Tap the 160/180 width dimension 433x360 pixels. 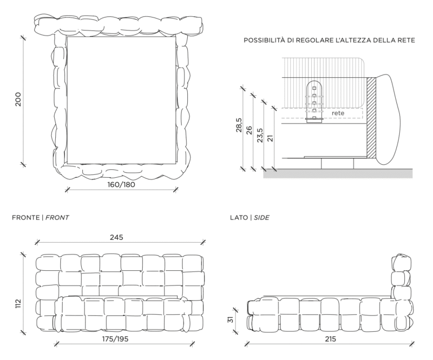[x=121, y=184]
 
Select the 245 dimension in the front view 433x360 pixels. [x=117, y=237]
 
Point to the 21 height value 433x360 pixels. [x=270, y=138]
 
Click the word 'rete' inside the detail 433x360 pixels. [x=338, y=113]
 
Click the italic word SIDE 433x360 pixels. [x=261, y=217]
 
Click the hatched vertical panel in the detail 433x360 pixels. [x=372, y=117]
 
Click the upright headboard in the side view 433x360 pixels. [x=402, y=276]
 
